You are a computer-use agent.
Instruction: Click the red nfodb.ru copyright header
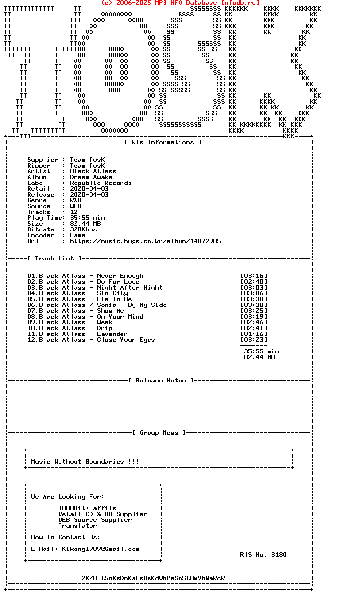click(x=180, y=3)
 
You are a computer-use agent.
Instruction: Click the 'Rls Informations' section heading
click(x=163, y=142)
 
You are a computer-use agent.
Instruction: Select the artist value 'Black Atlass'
click(x=93, y=171)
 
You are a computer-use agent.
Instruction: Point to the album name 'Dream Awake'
click(x=91, y=177)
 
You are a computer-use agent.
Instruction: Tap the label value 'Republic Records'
click(x=101, y=183)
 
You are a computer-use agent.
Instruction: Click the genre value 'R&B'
click(x=75, y=200)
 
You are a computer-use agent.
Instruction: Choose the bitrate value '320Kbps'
click(x=83, y=229)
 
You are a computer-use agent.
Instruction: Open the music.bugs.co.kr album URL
click(x=145, y=241)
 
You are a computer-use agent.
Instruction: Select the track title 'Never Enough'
click(x=120, y=276)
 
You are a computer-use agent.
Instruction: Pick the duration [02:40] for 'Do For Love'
click(x=254, y=282)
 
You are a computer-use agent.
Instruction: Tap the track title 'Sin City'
click(x=112, y=293)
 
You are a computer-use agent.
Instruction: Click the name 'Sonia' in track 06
click(x=106, y=305)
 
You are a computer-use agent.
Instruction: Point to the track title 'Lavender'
click(x=112, y=334)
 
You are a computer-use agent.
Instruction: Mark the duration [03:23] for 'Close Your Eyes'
click(x=254, y=340)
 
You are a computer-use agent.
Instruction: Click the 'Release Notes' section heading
click(x=161, y=381)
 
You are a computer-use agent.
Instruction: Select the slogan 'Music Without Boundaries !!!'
click(x=85, y=462)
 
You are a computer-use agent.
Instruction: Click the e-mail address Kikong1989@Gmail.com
click(x=101, y=549)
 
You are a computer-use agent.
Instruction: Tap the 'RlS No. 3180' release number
click(x=263, y=555)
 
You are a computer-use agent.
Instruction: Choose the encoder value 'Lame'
click(x=77, y=235)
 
